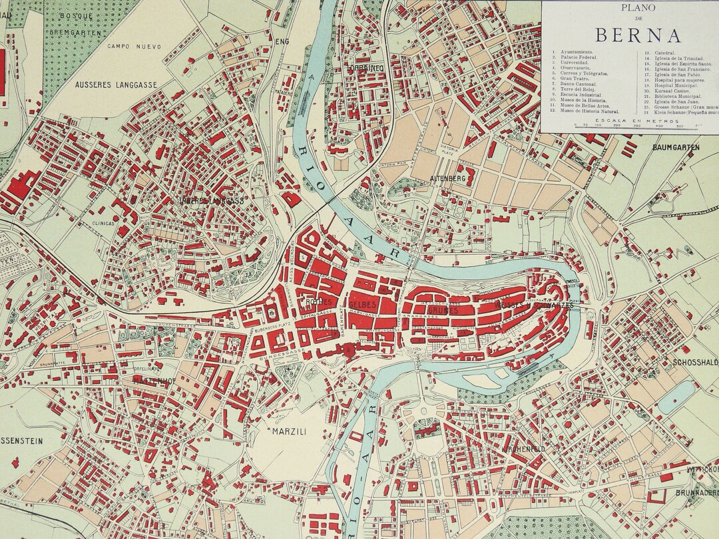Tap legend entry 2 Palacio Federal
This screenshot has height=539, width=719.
click(577, 58)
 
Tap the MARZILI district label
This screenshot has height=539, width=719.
click(289, 432)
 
